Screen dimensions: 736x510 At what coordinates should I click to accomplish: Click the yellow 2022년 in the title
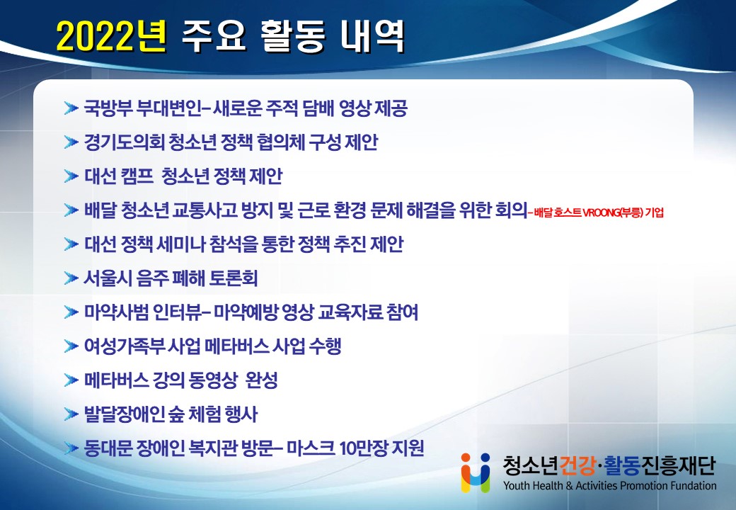pyautogui.click(x=112, y=36)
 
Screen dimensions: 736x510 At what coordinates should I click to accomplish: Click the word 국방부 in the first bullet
pyautogui.click(x=108, y=108)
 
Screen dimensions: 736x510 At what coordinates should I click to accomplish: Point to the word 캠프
pyautogui.click(x=137, y=176)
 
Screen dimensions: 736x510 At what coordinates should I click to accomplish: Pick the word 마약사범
pyautogui.click(x=116, y=312)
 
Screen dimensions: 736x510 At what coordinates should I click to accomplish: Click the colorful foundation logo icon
pyautogui.click(x=476, y=472)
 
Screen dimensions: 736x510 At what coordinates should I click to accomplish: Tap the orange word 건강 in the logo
pyautogui.click(x=577, y=465)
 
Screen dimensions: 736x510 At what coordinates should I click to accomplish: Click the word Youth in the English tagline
pyautogui.click(x=515, y=486)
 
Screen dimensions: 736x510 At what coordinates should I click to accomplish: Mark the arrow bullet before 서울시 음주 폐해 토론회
pyautogui.click(x=71, y=278)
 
